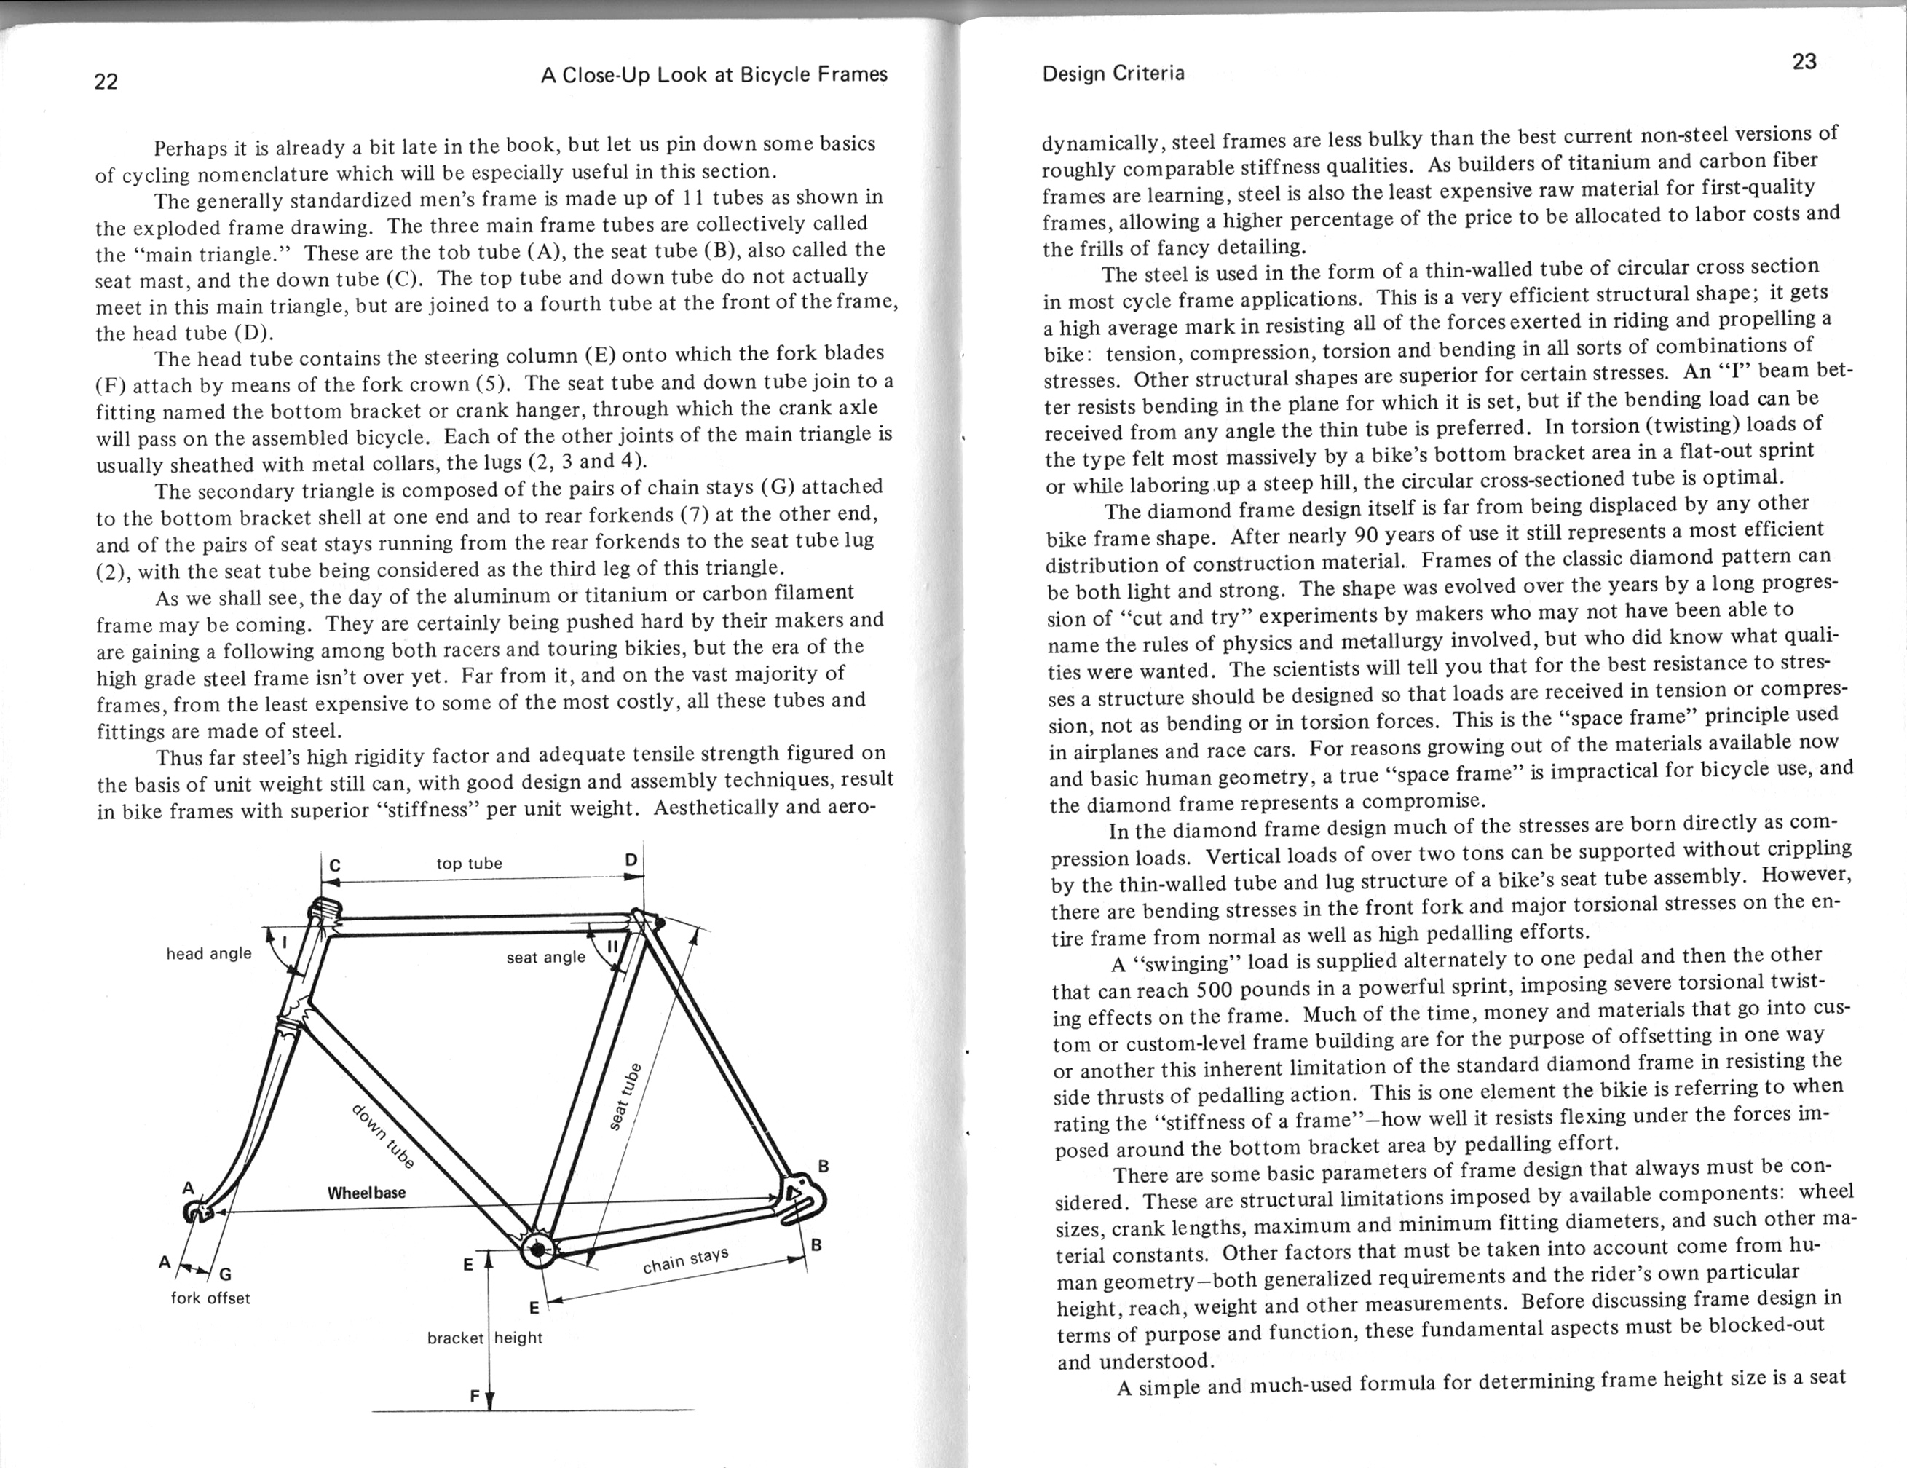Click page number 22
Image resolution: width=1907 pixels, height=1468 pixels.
pos(106,82)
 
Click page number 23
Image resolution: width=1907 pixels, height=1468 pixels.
pos(1804,62)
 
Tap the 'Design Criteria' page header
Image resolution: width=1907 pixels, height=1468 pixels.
pos(1113,74)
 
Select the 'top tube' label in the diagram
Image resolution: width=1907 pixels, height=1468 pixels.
pos(469,864)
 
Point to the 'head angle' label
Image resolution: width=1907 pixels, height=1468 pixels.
pos(209,954)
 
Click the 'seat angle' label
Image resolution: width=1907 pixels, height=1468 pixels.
pos(545,957)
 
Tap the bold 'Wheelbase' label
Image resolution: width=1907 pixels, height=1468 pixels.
pos(367,1193)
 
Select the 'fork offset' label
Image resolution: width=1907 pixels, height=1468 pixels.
pos(210,1298)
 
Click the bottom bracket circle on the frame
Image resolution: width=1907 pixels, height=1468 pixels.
pos(538,1250)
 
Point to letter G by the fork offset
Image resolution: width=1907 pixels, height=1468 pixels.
pos(224,1274)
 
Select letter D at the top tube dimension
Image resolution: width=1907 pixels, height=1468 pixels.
pos(631,860)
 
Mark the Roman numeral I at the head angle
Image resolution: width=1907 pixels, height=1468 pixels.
pos(284,942)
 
